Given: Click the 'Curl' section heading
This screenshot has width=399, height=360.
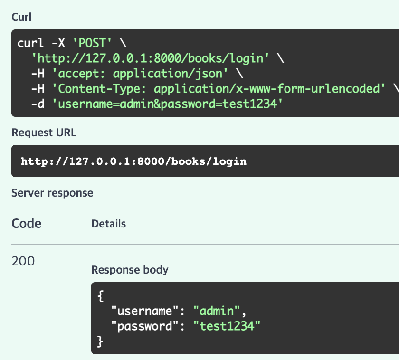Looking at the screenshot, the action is (x=21, y=17).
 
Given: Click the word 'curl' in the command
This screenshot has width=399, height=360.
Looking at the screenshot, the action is (x=30, y=43).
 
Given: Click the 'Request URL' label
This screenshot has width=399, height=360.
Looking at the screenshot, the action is (x=44, y=133).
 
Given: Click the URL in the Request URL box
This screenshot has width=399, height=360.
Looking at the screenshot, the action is (x=133, y=161).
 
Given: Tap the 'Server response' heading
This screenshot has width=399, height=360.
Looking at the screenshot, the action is (x=52, y=193).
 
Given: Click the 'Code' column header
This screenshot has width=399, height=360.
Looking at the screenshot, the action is (x=26, y=223).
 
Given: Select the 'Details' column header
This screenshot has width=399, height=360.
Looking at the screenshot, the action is (x=108, y=223).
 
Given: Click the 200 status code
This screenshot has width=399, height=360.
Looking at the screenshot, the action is (x=23, y=261).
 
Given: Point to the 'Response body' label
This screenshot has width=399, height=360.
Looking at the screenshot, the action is (x=130, y=270).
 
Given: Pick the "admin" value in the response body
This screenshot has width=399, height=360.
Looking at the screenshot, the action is (x=217, y=311).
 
